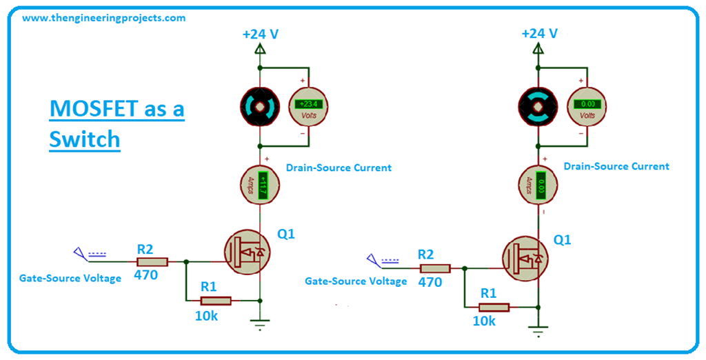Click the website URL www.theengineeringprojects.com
click(103, 18)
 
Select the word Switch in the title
click(84, 139)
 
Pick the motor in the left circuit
click(260, 107)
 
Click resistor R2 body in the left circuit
click(152, 261)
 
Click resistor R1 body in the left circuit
click(216, 300)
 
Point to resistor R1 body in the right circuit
click(494, 308)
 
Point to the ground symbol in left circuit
click(260, 323)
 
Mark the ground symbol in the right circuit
click(538, 330)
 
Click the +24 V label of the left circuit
click(260, 33)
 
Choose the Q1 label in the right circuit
click(563, 240)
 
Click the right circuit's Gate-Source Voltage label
click(356, 281)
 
